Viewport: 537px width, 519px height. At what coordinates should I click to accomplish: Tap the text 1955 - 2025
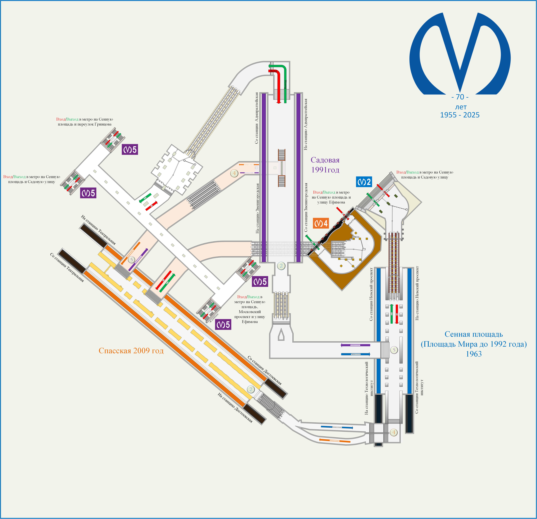(460, 115)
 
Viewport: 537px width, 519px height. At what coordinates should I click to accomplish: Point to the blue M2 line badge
(364, 182)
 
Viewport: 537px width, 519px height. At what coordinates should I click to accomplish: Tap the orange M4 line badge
(321, 223)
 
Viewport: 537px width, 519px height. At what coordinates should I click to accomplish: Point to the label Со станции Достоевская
(264, 370)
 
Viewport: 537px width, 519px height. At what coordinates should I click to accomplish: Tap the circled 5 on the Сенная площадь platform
(394, 350)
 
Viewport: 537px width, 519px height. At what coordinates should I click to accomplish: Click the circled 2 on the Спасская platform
(251, 389)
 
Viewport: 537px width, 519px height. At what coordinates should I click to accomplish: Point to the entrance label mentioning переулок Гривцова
(85, 122)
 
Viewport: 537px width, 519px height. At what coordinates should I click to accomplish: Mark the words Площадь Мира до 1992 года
(474, 344)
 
